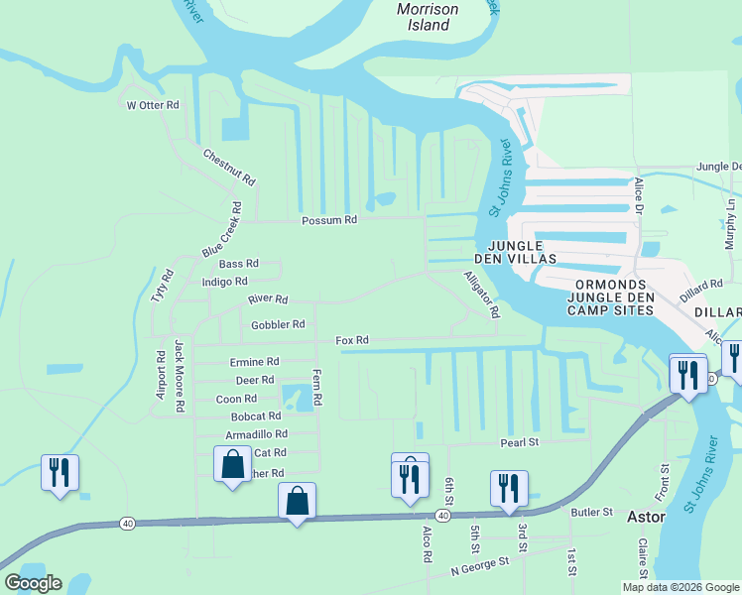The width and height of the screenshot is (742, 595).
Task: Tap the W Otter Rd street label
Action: tap(152, 104)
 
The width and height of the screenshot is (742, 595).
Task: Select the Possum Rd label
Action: tap(329, 220)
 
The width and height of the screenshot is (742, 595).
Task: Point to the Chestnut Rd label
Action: tap(229, 168)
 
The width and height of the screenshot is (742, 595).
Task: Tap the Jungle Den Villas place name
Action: tap(515, 252)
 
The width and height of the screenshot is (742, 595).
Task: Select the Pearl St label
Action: tap(518, 441)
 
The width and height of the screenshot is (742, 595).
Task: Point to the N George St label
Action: tap(479, 565)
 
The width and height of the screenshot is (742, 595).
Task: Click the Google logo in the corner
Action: tap(33, 583)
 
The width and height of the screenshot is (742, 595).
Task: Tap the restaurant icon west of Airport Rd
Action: tap(59, 473)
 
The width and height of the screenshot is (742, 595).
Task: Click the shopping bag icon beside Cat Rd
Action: tap(232, 464)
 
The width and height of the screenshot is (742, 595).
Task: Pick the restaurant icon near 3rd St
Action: tap(509, 489)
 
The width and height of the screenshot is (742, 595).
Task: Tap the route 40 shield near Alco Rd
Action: tap(441, 516)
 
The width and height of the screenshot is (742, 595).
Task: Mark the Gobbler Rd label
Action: tap(278, 324)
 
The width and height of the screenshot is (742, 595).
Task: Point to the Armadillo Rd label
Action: tap(256, 434)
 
